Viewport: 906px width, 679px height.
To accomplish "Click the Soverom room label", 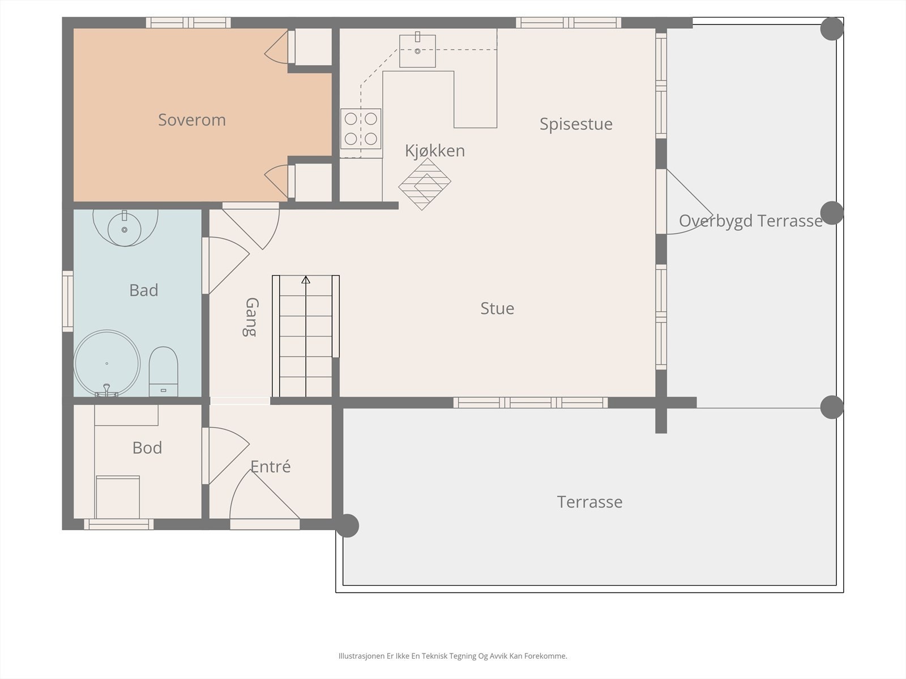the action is pos(192,120).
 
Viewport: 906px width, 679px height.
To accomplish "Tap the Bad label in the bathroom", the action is pos(144,290).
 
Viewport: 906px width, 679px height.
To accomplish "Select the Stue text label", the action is pos(497,308).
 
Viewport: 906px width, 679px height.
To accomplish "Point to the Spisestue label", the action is pos(576,124).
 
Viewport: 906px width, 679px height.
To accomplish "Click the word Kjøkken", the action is pos(435,151).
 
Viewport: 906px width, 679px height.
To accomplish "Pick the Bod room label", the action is pos(147,448).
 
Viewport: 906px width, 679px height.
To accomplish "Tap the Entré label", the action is pos(271,467).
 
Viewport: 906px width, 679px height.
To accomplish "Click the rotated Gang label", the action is pos(251,317).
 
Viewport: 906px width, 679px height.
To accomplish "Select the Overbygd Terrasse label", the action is pos(751,221).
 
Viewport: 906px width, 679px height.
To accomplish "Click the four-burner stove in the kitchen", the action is pos(361,128).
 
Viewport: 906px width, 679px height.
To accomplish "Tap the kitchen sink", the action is pos(417,51).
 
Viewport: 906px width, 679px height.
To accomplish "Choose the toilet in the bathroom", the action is pos(164,371).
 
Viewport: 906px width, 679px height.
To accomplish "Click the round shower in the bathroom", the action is pos(107,363).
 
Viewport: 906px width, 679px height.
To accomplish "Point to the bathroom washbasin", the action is pos(125,229).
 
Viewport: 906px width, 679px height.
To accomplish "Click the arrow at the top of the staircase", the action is pos(305,280).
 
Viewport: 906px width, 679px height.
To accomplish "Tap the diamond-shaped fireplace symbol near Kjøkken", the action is pos(425,184).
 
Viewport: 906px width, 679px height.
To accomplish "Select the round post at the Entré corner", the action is pos(348,526).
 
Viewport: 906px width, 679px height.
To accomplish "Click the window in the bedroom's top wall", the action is pos(188,23).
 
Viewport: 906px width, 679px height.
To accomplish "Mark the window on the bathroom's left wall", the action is pos(68,301).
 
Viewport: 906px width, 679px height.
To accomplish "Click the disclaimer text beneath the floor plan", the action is pos(453,655).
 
